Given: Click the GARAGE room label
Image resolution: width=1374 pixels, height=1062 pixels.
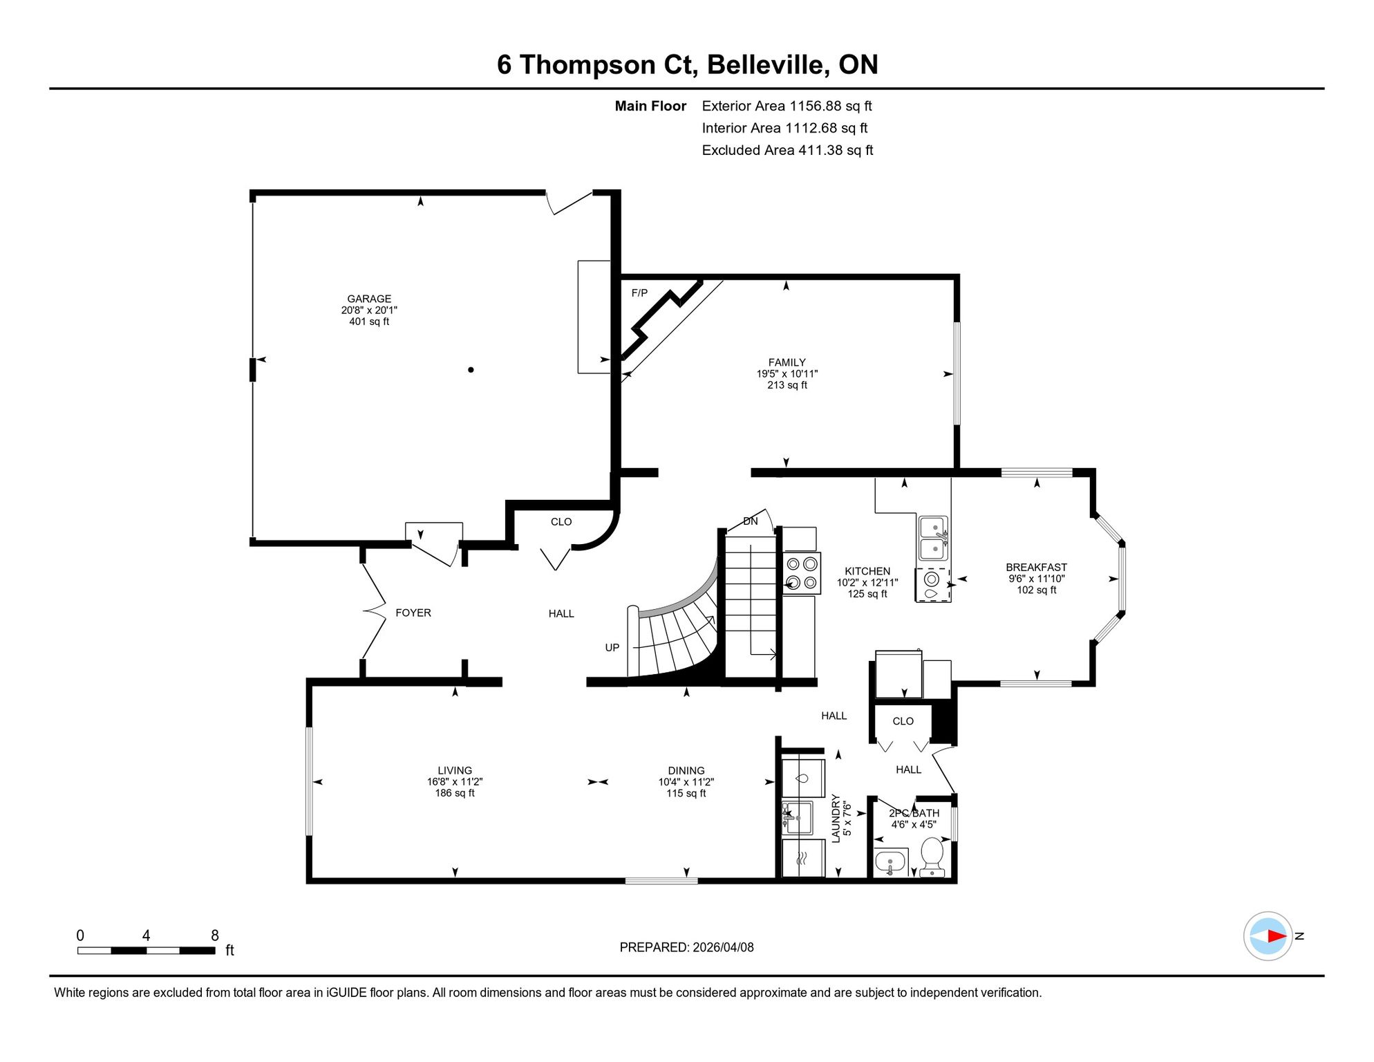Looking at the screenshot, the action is click(x=369, y=299).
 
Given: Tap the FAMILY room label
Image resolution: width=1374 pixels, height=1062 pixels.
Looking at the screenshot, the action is click(x=787, y=362).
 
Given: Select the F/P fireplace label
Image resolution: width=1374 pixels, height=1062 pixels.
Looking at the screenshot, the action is click(x=639, y=293).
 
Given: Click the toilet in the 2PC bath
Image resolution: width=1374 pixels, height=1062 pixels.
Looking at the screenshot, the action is click(x=932, y=857).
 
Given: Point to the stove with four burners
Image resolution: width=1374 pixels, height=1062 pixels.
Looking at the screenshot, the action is click(x=802, y=573).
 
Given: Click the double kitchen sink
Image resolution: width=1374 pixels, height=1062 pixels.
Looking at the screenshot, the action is click(x=933, y=538).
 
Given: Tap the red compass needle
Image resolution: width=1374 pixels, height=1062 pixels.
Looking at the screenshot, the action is click(x=1277, y=936).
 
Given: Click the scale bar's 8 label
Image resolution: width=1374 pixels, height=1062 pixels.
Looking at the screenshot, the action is click(x=215, y=935).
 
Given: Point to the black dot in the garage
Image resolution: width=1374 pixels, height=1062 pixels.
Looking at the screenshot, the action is click(x=471, y=370).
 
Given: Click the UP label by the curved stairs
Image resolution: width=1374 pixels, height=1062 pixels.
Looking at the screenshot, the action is click(x=612, y=648).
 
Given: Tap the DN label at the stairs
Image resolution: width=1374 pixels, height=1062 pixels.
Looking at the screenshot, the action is click(x=751, y=521).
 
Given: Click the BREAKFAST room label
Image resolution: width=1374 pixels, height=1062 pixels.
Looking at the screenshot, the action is click(x=1036, y=568).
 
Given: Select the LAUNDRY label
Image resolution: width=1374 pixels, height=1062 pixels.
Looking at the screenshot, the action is click(x=836, y=819).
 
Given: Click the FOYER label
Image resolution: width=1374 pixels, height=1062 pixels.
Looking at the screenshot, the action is click(x=413, y=613).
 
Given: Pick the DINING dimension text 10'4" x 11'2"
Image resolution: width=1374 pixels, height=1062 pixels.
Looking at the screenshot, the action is click(x=686, y=782).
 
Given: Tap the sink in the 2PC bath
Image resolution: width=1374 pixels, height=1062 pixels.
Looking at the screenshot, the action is click(x=890, y=862).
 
